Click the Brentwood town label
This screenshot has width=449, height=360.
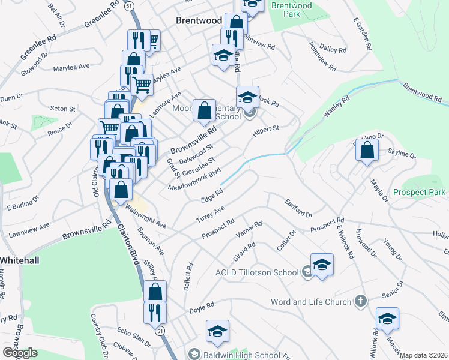tap(199, 20)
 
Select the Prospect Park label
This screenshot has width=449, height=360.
tap(420, 193)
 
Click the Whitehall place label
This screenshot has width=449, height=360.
tap(20, 260)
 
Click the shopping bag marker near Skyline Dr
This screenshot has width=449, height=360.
tap(367, 151)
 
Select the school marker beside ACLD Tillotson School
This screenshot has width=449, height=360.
tap(322, 265)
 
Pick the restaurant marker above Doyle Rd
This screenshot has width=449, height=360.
tap(155, 313)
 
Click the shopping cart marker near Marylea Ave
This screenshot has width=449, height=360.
tap(142, 83)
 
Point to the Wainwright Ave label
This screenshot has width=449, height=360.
tap(146, 217)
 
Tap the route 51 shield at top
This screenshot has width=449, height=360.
tap(129, 5)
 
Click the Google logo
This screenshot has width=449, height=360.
tap(20, 353)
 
